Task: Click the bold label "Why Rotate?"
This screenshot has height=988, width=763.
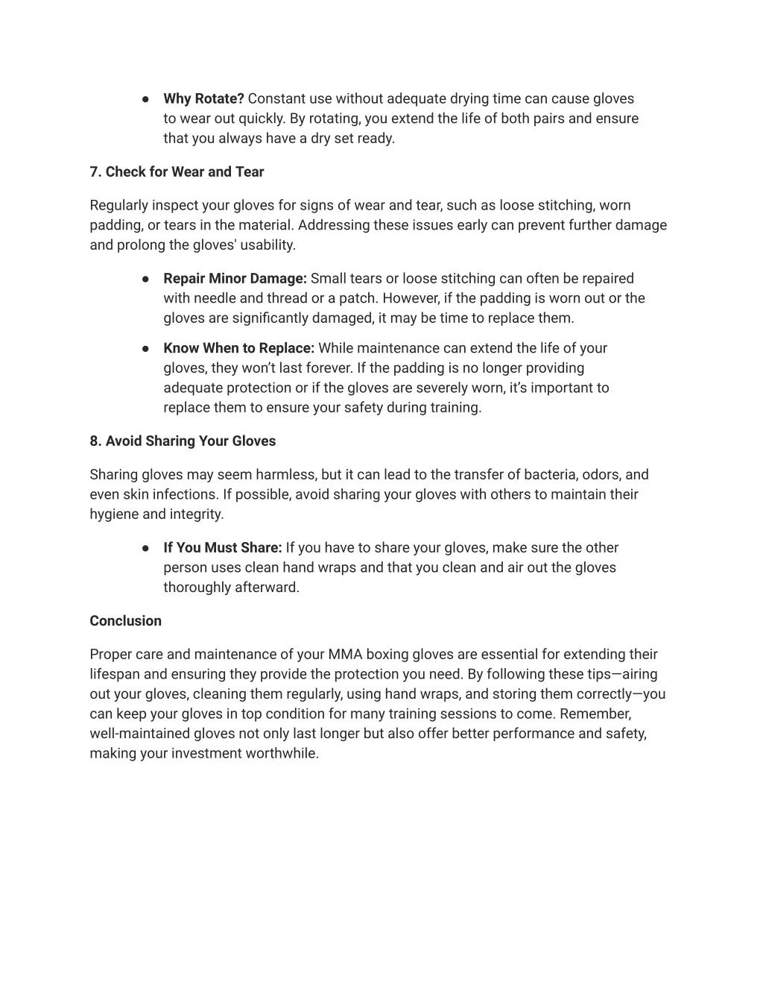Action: click(x=203, y=98)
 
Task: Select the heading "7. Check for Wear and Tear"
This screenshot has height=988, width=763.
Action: click(x=177, y=172)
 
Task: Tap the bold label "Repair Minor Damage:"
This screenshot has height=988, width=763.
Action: click(x=235, y=278)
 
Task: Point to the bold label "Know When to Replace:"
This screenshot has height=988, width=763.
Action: click(x=238, y=347)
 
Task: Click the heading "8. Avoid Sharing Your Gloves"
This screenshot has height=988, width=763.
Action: click(x=183, y=441)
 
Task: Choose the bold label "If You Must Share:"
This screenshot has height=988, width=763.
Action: click(x=222, y=547)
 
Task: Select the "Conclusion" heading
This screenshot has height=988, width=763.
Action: click(x=125, y=620)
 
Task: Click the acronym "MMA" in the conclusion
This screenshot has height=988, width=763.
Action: click(x=345, y=654)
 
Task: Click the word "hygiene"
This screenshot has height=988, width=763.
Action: click(x=114, y=514)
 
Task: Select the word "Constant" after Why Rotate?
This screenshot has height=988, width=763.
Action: click(x=276, y=98)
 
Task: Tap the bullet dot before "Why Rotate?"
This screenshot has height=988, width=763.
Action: click(x=146, y=99)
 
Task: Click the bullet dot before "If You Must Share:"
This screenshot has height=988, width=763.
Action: click(x=146, y=548)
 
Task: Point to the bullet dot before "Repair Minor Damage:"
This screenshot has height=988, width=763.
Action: click(x=146, y=279)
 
